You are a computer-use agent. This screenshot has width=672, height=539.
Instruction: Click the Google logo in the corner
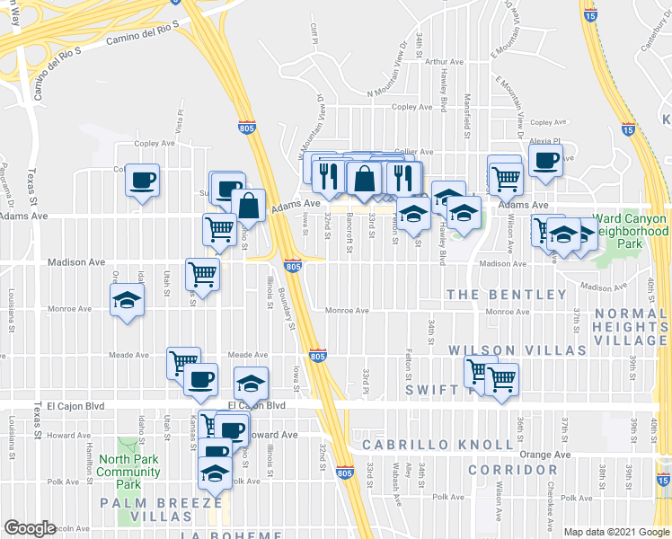pos(30,527)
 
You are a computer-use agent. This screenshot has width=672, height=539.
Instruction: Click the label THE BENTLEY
pos(507,295)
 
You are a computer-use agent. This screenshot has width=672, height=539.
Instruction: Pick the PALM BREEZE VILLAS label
pos(161,510)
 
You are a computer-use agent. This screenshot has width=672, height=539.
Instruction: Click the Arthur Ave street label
pos(444,62)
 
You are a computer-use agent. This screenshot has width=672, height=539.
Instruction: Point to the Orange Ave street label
pos(544,455)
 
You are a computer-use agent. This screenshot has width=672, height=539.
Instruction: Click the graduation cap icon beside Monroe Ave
pos(127,300)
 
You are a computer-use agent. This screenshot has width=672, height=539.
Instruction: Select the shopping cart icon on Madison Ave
pos(202,273)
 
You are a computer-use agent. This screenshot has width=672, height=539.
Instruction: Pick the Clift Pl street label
pos(314,36)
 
